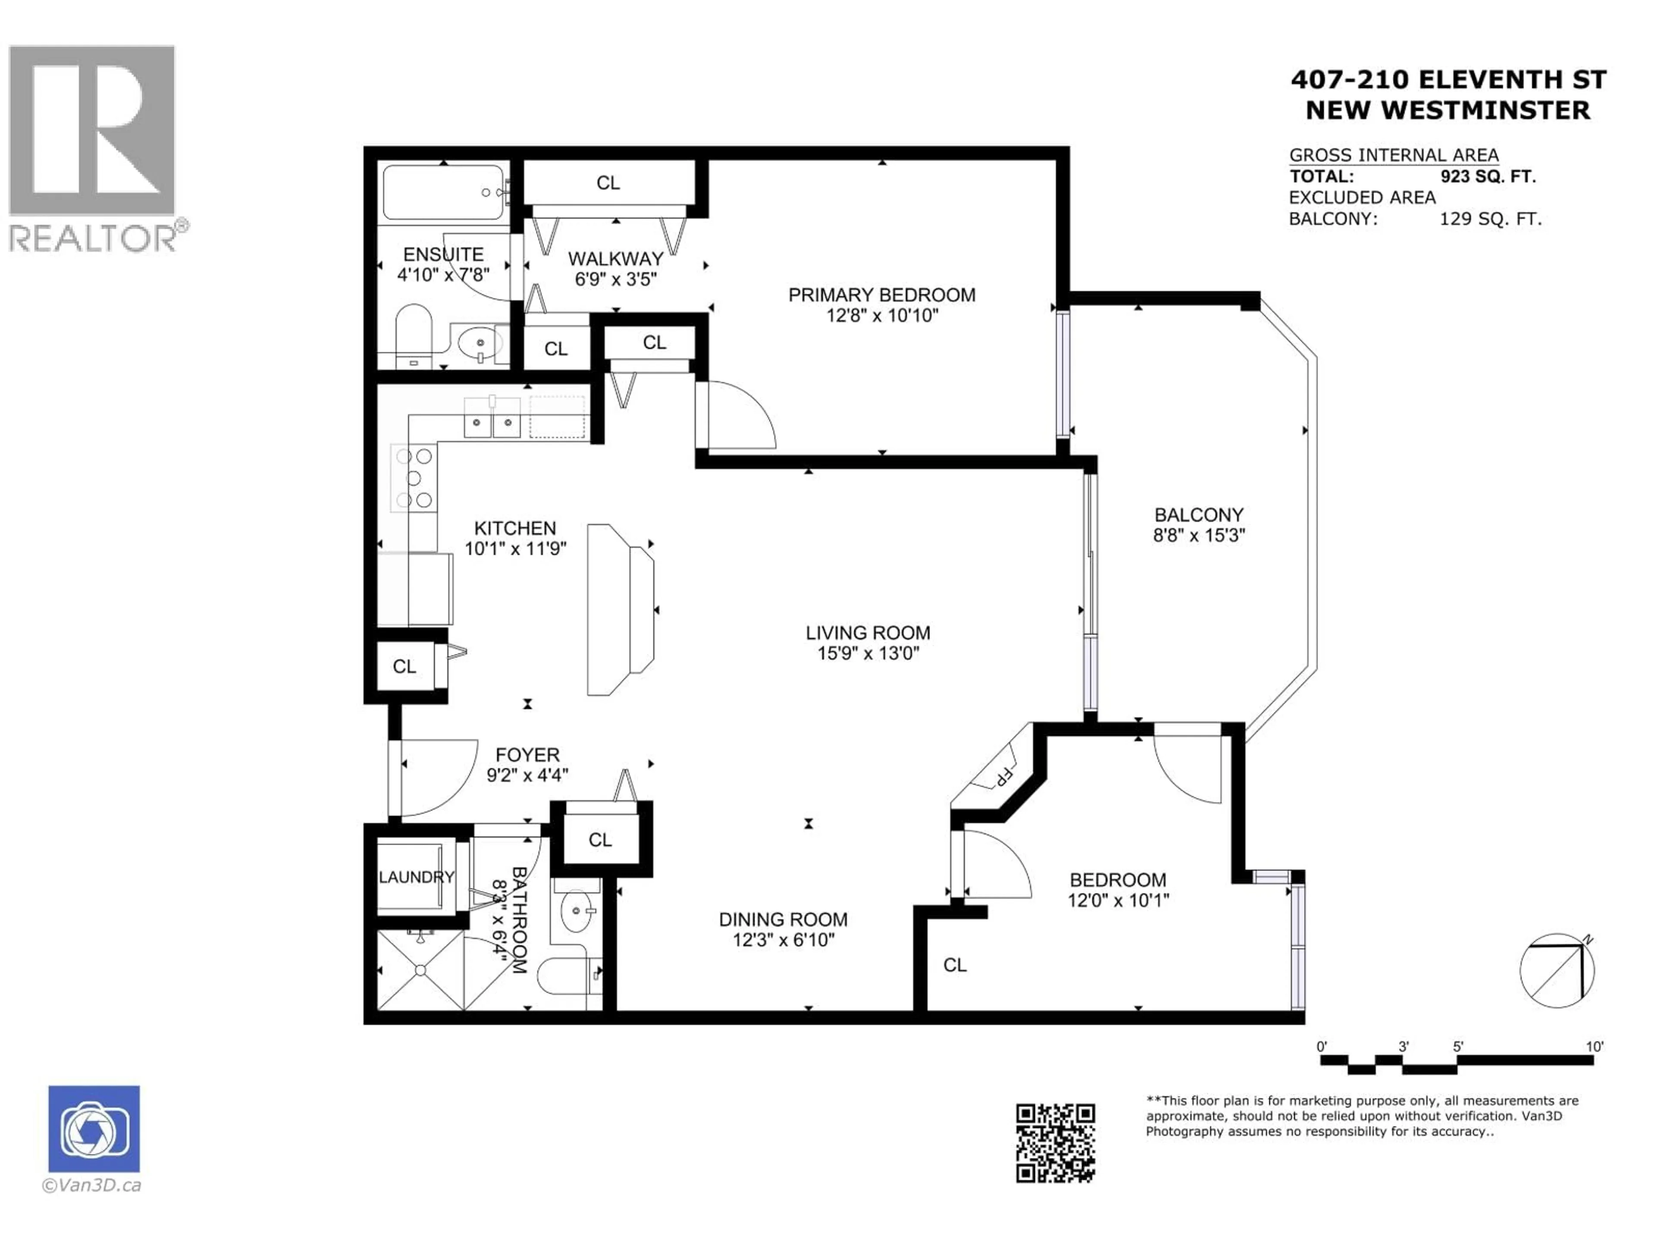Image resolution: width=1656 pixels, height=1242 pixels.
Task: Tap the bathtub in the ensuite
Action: coord(443,192)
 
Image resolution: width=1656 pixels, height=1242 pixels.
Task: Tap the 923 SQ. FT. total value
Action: coord(1487,177)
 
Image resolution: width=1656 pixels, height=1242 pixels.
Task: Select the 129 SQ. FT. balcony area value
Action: coord(1490,220)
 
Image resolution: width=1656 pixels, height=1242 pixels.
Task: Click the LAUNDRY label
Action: coord(416,877)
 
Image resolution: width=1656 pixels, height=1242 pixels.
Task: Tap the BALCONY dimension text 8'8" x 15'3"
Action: coord(1198,535)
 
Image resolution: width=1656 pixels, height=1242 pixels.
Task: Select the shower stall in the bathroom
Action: coord(420,969)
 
